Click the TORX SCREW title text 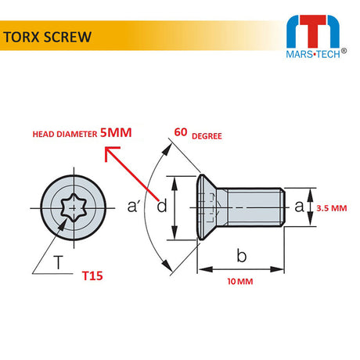click(x=47, y=37)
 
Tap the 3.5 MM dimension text click(x=332, y=207)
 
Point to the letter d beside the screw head click(x=162, y=207)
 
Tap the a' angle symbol click(x=135, y=207)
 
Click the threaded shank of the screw click(x=250, y=207)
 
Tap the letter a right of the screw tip click(x=298, y=206)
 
